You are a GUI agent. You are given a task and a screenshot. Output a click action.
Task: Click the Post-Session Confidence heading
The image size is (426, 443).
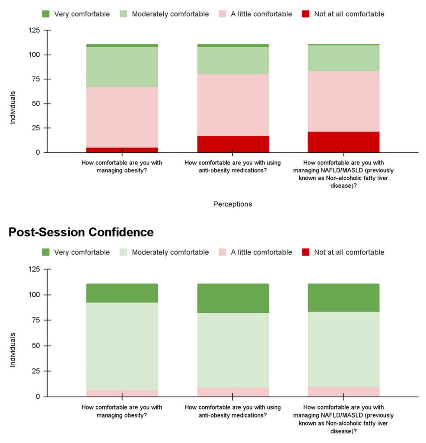[81, 232]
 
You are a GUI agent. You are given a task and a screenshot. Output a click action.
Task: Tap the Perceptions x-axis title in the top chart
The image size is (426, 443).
[232, 204]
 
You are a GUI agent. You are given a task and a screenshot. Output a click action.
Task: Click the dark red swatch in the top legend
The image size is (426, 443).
[306, 14]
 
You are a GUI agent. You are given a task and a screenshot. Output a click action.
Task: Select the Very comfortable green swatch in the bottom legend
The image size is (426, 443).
[46, 252]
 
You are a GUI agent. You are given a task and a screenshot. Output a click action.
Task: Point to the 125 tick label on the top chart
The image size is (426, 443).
[34, 30]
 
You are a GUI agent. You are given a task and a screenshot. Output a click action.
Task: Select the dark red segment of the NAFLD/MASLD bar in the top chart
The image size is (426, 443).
[343, 142]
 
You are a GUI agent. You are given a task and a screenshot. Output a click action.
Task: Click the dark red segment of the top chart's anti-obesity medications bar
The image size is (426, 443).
[233, 144]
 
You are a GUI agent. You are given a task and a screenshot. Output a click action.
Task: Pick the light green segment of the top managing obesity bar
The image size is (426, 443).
[122, 67]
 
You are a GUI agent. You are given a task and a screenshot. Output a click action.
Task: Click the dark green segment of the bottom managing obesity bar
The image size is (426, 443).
[122, 293]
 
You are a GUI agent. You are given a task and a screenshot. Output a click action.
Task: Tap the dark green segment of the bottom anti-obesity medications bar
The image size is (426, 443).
[233, 298]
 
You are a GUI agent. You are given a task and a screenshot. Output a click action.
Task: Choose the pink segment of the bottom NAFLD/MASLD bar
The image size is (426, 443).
[343, 392]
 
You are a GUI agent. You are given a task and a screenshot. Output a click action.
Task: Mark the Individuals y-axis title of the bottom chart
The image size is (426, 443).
[13, 350]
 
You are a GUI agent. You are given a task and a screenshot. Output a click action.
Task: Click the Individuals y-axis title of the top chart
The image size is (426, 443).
[13, 108]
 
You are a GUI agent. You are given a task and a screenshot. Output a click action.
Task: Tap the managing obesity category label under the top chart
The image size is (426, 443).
[122, 167]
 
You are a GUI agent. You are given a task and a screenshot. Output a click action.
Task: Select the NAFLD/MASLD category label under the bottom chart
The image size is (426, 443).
[343, 419]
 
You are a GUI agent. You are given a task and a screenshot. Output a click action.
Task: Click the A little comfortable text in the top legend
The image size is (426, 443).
[261, 14]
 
